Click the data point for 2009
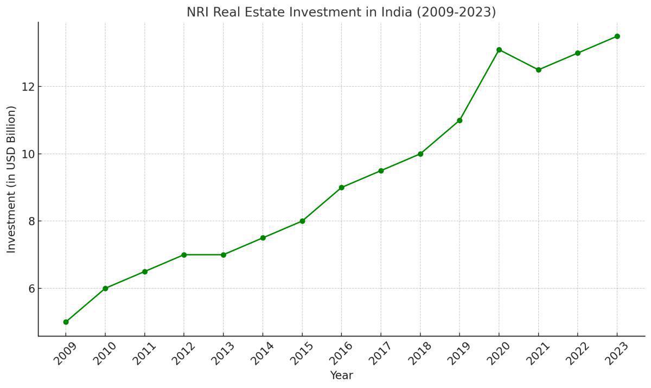point(66,322)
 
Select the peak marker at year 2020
point(499,50)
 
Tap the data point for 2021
point(538,69)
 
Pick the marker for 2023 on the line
point(617,36)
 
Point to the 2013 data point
point(223,255)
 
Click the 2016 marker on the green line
point(341,187)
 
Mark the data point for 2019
point(459,120)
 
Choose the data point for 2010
point(105,288)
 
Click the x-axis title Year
point(341,376)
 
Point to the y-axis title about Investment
point(11,179)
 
